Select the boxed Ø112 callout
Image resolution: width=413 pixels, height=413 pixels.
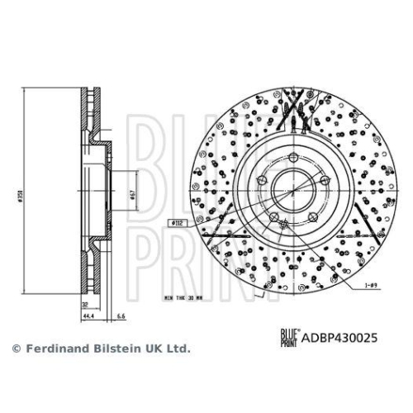(x=177, y=222)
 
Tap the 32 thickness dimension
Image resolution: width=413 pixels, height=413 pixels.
(x=84, y=304)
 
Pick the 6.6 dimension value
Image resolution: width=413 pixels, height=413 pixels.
(x=121, y=316)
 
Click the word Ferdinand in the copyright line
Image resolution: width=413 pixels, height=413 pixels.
(x=52, y=349)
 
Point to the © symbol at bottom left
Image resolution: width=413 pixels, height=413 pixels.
(x=15, y=349)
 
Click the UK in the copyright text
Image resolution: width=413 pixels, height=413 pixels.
(x=151, y=349)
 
